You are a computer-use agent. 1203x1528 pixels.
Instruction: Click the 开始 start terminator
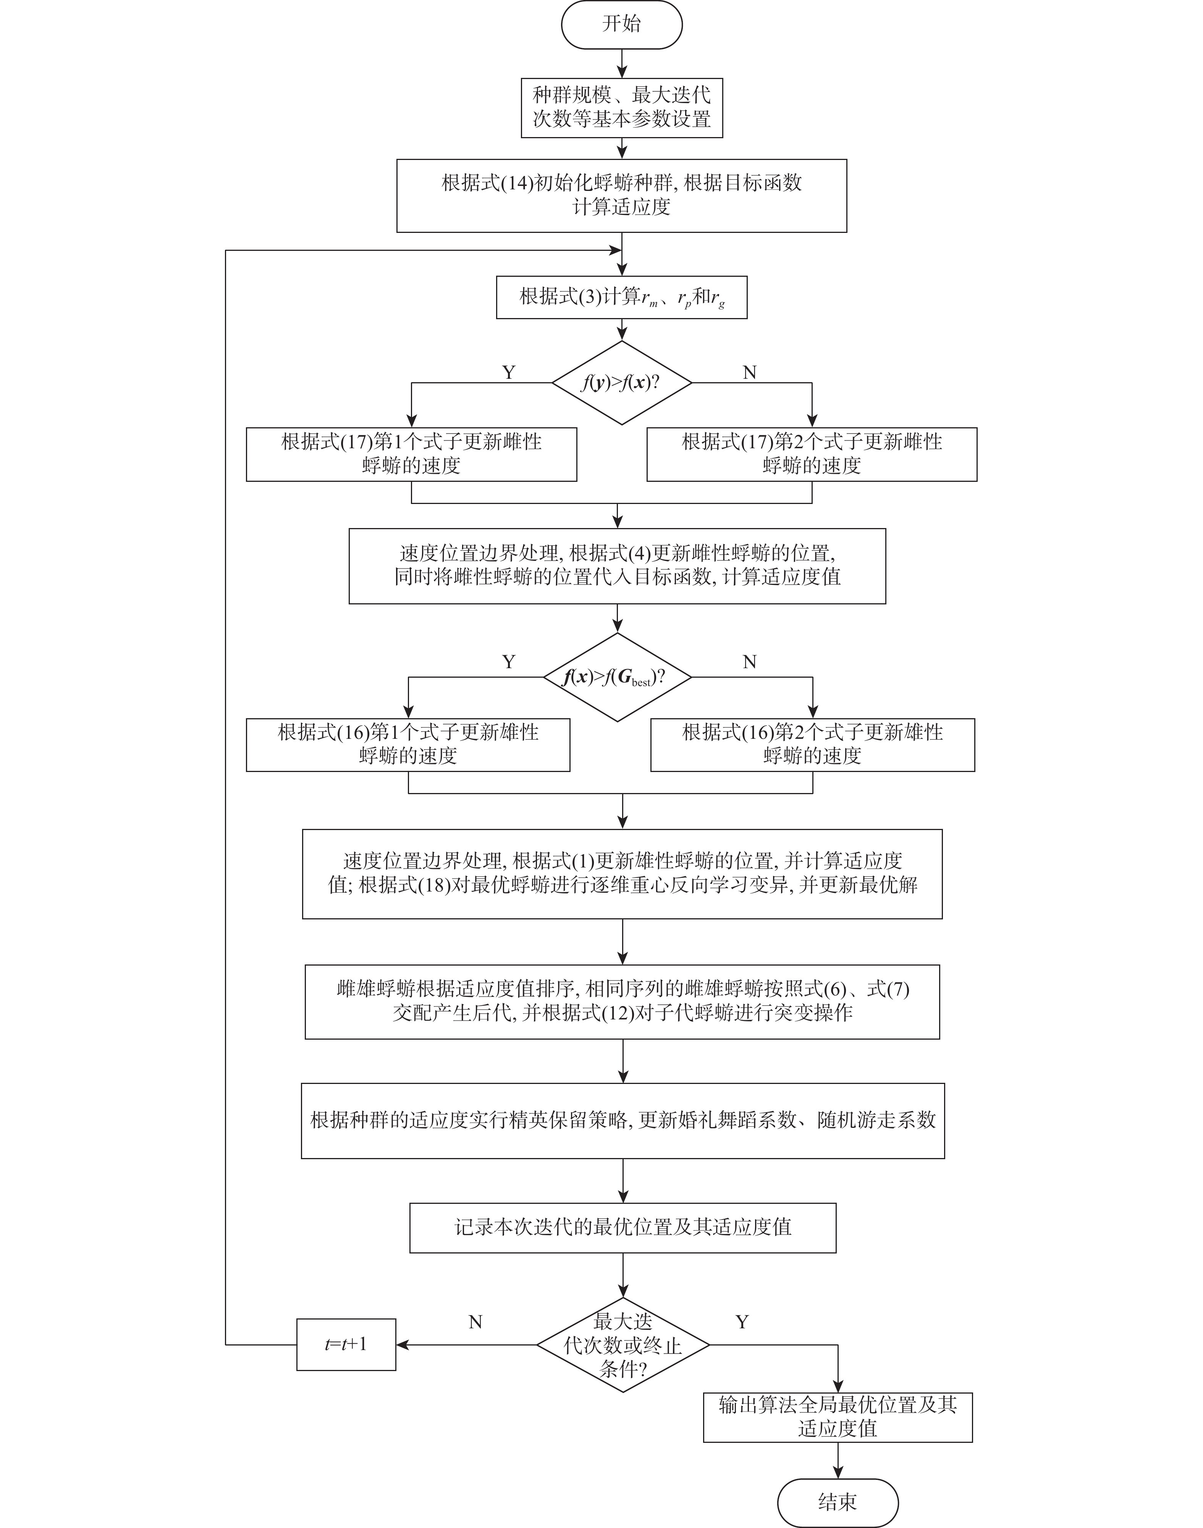621,25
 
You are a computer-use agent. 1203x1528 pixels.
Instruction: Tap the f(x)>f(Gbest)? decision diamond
617,677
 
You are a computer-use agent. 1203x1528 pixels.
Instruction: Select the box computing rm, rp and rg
621,297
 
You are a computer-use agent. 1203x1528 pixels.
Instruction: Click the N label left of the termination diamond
475,1322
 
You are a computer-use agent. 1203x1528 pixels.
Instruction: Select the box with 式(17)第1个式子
411,454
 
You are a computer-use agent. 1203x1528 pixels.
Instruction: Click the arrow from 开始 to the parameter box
621,63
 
